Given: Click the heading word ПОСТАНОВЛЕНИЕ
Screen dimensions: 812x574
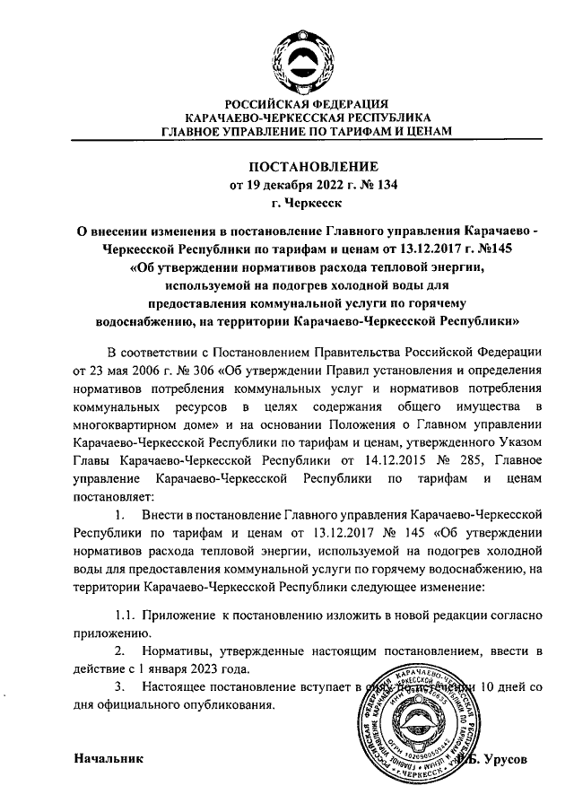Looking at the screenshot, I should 307,167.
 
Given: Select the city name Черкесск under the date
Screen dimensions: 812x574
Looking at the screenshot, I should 314,204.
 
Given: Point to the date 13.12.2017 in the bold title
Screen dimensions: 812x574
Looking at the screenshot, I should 427,249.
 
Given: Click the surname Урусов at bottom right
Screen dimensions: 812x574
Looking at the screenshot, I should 510,759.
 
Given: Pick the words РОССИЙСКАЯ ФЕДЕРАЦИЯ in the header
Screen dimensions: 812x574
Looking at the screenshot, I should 306,104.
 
